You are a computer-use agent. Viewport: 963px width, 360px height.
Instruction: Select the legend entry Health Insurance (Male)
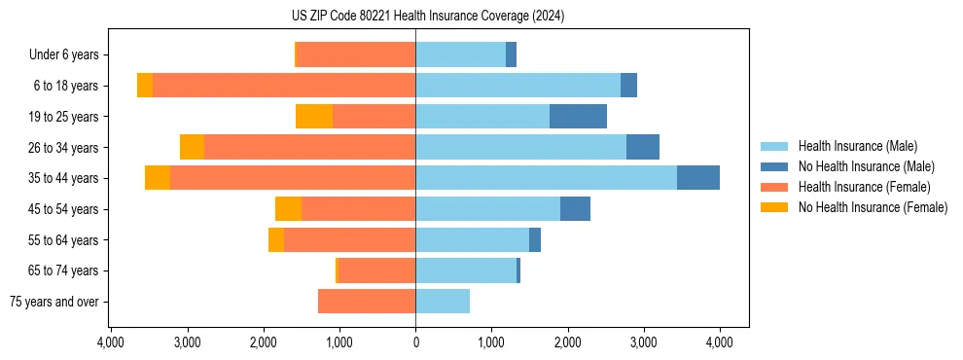click(857, 146)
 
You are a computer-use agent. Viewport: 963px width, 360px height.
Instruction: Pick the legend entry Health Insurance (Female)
click(864, 187)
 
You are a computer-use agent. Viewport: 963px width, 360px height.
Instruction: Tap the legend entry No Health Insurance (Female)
click(873, 207)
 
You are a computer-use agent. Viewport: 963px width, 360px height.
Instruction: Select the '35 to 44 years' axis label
click(63, 178)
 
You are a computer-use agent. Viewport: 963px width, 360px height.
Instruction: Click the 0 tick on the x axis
click(415, 342)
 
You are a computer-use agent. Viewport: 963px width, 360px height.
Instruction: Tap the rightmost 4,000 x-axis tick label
click(719, 342)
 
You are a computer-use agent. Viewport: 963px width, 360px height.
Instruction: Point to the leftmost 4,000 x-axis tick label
click(111, 342)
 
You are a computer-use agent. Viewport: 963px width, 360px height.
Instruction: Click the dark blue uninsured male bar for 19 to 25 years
click(578, 116)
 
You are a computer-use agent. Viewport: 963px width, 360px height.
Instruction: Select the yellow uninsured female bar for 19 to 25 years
click(313, 116)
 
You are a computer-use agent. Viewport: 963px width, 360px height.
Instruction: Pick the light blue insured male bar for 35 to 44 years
click(546, 178)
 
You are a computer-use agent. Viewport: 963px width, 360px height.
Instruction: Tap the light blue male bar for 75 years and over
click(443, 302)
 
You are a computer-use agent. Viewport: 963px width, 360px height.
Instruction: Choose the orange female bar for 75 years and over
click(367, 302)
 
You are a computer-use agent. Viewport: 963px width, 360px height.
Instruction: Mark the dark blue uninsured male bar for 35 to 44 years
click(697, 178)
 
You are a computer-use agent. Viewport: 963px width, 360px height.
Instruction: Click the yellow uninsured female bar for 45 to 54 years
click(288, 209)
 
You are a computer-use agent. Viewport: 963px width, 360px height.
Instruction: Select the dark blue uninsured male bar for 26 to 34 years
click(642, 147)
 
